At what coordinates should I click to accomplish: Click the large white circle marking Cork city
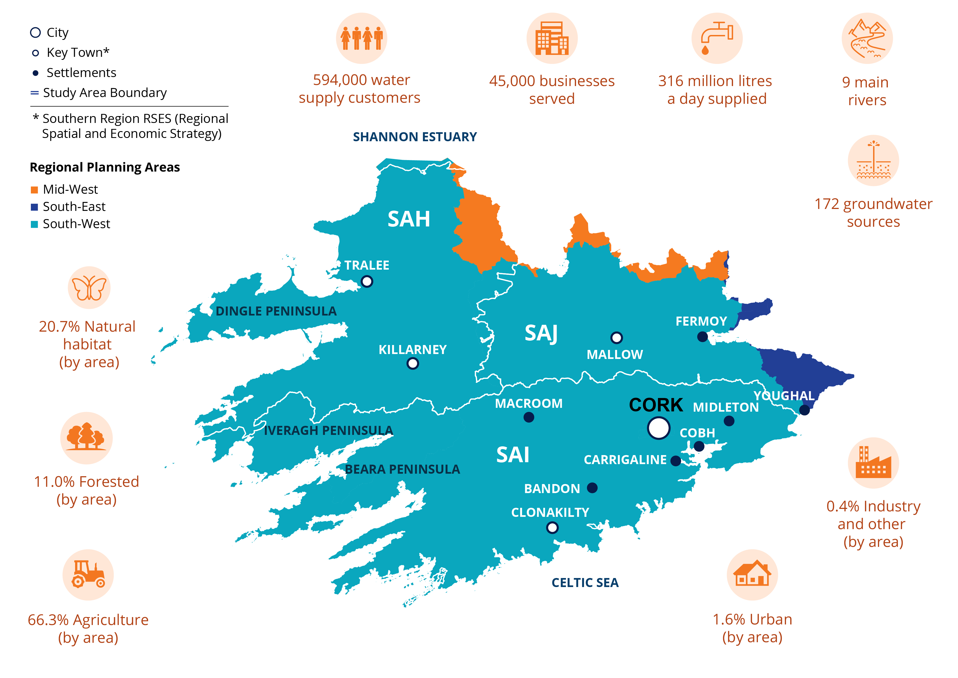pos(659,428)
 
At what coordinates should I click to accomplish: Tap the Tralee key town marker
pos(367,281)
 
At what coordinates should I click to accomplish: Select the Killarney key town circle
pos(413,364)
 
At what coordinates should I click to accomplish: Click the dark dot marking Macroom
pos(529,417)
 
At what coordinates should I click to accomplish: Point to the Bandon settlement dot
pos(592,488)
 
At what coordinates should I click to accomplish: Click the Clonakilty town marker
pos(552,528)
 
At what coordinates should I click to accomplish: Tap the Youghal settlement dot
pos(805,410)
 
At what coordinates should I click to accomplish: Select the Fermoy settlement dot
pos(703,337)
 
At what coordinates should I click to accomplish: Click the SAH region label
pos(408,219)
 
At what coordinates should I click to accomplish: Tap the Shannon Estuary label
pos(415,137)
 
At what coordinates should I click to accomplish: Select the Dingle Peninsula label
pos(276,311)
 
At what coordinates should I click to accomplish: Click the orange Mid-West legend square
pos(35,190)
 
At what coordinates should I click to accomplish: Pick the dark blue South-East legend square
pos(35,207)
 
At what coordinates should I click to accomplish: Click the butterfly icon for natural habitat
pos(89,288)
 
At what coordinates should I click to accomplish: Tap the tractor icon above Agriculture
pos(88,574)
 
